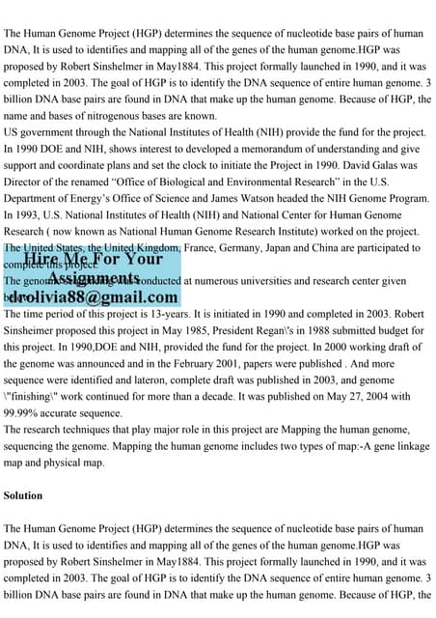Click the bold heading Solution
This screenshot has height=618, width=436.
(22, 495)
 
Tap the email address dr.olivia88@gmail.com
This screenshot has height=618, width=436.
(94, 297)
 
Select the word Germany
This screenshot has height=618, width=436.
(258, 246)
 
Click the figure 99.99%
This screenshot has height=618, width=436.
(25, 412)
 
